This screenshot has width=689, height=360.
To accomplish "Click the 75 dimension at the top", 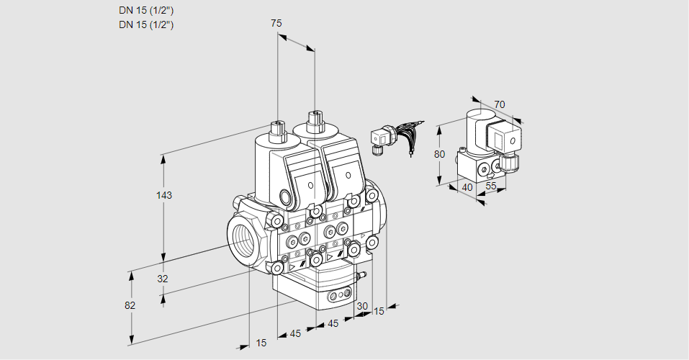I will click(x=276, y=23).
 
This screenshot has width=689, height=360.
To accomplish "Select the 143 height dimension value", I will click(x=165, y=195).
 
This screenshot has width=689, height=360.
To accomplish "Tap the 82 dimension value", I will click(x=130, y=305).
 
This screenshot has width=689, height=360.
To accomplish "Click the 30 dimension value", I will click(x=361, y=306).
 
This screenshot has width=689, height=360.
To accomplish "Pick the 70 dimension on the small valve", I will click(x=500, y=104).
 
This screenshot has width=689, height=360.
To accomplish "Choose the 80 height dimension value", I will click(x=441, y=154).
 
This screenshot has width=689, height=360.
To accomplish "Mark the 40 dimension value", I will click(x=467, y=187).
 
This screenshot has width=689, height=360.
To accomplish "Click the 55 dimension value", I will click(x=492, y=187).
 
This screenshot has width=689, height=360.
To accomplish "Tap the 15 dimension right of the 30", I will click(x=379, y=311).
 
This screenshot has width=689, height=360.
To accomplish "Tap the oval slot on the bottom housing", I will click(x=338, y=294).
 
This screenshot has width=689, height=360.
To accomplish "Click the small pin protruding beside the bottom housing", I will click(x=363, y=274).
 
